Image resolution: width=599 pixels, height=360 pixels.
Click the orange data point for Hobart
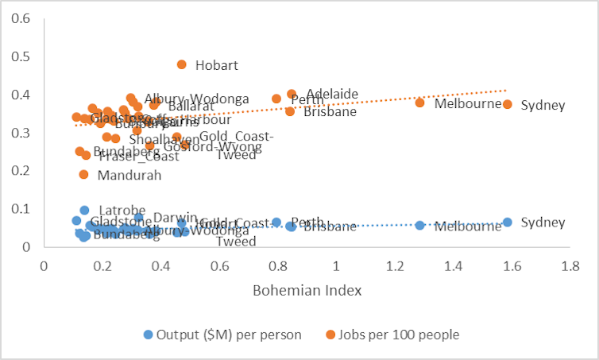181,64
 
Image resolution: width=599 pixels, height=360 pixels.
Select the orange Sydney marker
508,104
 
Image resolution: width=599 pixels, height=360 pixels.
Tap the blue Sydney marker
508,223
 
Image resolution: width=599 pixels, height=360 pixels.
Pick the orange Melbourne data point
419,103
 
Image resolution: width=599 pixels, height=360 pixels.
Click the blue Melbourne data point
419,226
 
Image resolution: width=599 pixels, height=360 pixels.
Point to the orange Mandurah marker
83,174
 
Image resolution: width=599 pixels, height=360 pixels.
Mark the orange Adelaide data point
292,94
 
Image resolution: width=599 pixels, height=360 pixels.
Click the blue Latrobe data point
84,211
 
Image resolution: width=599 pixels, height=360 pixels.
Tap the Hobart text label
216,65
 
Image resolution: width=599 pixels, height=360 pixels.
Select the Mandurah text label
129,176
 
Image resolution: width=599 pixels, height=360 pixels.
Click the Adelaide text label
332,94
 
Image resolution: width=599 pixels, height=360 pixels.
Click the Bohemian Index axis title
307,291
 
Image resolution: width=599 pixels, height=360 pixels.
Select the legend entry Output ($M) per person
222,335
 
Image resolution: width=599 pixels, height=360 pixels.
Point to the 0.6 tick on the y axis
23,17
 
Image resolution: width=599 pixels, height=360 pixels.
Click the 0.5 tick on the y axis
23,56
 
